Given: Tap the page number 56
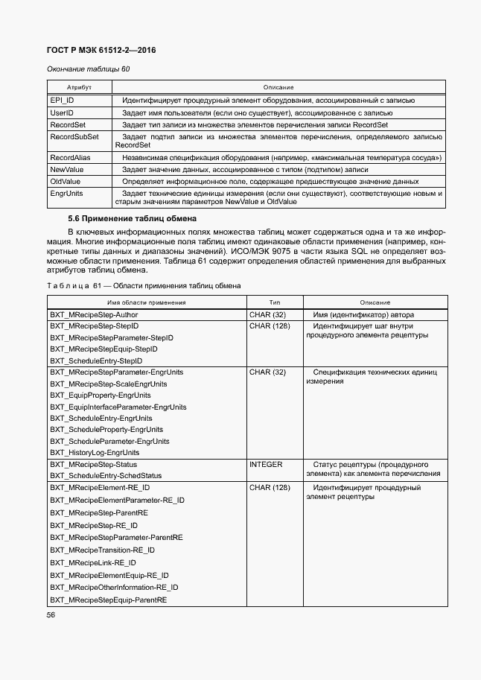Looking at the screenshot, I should (51, 614).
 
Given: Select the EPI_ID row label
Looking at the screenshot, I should (62, 100).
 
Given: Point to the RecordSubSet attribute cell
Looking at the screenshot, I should (74, 137).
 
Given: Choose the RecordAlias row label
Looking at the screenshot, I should (71, 158).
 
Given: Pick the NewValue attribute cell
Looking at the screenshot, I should (67, 170).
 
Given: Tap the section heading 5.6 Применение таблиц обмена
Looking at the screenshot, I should (132, 218).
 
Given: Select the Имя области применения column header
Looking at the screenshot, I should (147, 302).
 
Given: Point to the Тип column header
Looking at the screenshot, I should (275, 302).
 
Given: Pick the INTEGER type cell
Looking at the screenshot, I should (266, 464).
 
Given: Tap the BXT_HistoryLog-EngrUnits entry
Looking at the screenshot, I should (95, 452).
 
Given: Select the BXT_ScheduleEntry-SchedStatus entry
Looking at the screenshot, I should (106, 475).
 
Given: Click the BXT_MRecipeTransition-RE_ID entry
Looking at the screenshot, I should (103, 550).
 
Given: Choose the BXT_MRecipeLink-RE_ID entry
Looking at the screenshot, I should (93, 562).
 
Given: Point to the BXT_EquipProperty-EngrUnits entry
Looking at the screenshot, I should (101, 395).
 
